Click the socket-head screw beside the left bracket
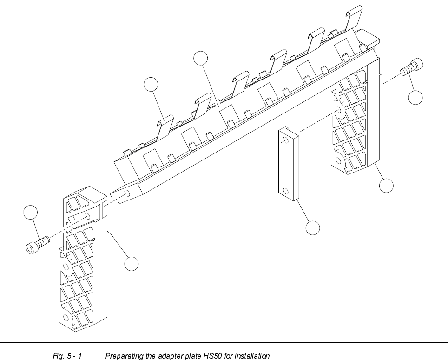37,245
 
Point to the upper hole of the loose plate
284,139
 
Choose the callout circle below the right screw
415,98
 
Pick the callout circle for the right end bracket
386,186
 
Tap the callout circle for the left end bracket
132,264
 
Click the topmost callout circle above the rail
200,58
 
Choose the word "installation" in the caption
252,356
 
